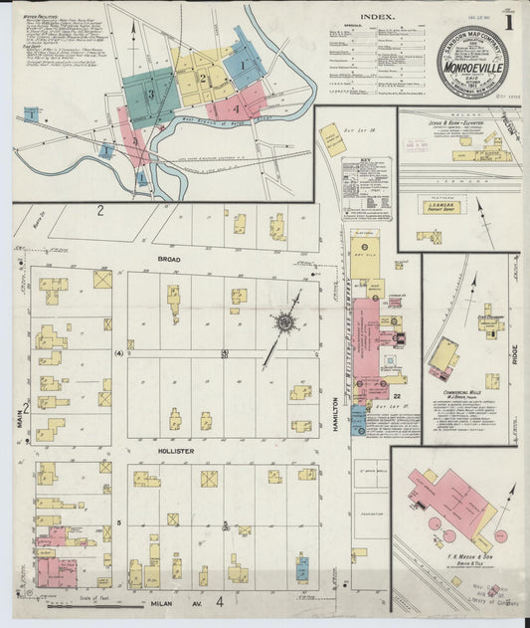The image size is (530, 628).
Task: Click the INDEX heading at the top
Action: (x=377, y=16)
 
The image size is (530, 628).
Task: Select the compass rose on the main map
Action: (x=285, y=321)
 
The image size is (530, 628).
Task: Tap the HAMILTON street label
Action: (x=337, y=413)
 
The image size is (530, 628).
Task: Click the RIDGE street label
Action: (x=515, y=354)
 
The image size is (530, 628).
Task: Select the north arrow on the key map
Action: (x=133, y=30)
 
